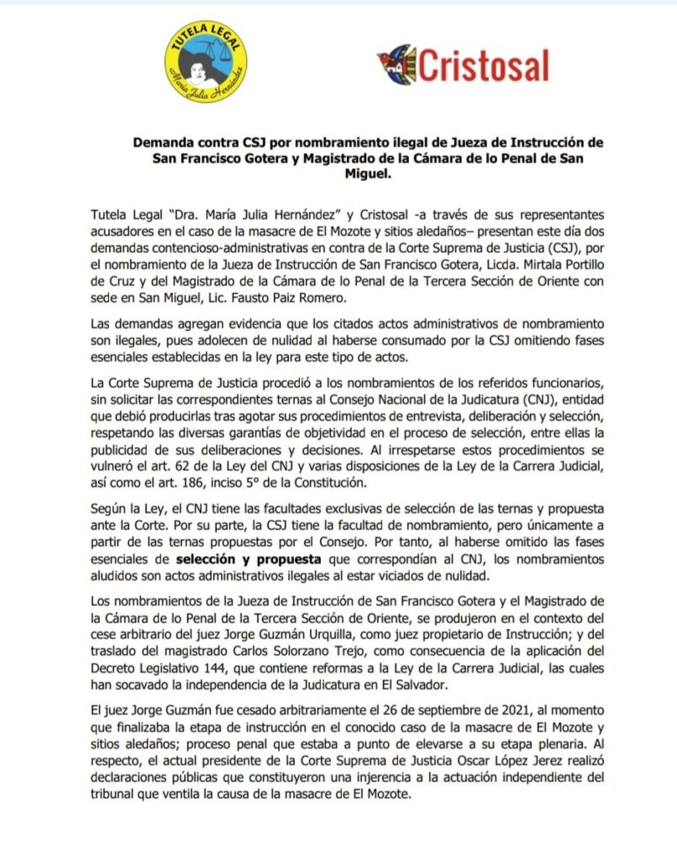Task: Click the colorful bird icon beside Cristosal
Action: point(396,64)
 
